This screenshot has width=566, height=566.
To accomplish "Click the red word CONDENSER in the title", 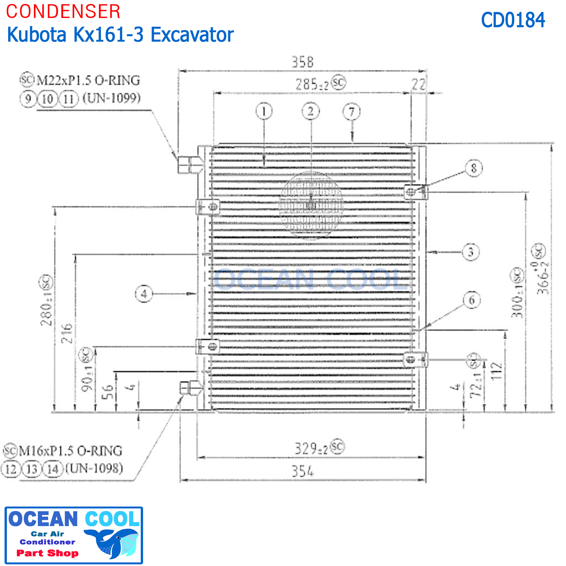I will pyautogui.click(x=63, y=12).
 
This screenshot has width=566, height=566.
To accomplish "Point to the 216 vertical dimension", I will pyautogui.click(x=67, y=333).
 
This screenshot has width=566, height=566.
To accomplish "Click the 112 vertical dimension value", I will pyautogui.click(x=496, y=371).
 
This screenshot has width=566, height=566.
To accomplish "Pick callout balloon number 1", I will pyautogui.click(x=264, y=111).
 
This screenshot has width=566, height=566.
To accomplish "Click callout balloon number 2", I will pyautogui.click(x=311, y=111).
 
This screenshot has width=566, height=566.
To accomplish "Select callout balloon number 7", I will pyautogui.click(x=352, y=112).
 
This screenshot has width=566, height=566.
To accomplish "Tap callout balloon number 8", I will pyautogui.click(x=474, y=168).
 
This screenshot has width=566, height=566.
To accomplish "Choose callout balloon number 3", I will pyautogui.click(x=471, y=252).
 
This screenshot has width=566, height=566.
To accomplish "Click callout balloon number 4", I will pyautogui.click(x=144, y=294).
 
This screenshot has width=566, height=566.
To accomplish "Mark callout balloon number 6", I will pyautogui.click(x=472, y=300).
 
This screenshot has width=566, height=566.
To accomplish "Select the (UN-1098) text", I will pyautogui.click(x=94, y=468).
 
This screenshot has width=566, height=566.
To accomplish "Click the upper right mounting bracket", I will pyautogui.click(x=416, y=192).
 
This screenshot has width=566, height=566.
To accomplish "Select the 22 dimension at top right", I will pyautogui.click(x=418, y=85).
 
